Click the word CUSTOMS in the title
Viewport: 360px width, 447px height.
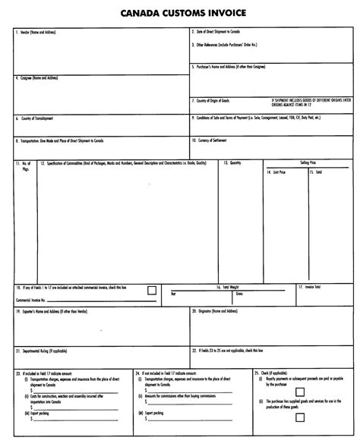pos(178,14)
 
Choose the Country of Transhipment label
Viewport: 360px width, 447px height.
pos(35,118)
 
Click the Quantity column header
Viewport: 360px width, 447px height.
pos(232,162)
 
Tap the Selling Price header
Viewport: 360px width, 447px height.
pos(308,162)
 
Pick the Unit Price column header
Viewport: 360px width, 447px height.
pos(276,172)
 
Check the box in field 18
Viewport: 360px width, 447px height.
pos(152,289)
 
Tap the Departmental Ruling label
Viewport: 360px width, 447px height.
pos(43,351)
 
